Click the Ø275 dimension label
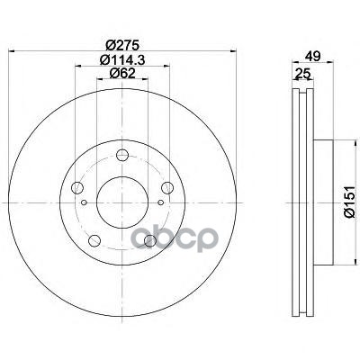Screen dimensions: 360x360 click(x=122, y=45)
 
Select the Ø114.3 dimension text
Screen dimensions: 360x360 click(x=122, y=60)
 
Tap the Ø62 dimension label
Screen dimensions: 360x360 click(x=122, y=73)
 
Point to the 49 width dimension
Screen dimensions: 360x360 click(x=313, y=56)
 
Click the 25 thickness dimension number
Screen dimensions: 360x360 click(x=302, y=74)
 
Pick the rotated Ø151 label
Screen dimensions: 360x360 click(x=349, y=202)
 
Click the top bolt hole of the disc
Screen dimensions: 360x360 click(x=122, y=155)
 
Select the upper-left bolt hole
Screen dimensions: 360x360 click(x=77, y=188)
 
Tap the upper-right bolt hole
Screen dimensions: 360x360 click(x=167, y=188)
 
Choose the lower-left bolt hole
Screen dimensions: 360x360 click(x=94, y=240)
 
